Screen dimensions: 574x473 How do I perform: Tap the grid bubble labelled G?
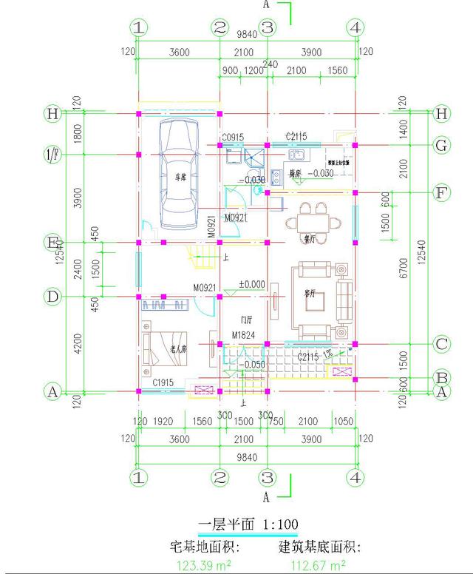point(441,146)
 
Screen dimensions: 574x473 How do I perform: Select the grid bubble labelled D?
point(52,297)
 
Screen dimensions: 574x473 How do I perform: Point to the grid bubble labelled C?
point(441,344)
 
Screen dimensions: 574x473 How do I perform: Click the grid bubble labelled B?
point(441,377)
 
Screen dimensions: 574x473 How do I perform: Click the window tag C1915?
point(163,382)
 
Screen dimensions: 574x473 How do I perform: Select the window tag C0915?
point(234,138)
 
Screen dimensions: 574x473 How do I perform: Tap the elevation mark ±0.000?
point(251,284)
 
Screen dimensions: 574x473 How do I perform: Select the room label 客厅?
point(310,294)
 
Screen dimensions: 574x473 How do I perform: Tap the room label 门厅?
point(246,320)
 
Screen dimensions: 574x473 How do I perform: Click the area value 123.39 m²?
point(203,565)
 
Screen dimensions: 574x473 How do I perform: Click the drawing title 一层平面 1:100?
point(248,524)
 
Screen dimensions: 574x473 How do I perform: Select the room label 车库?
point(180,178)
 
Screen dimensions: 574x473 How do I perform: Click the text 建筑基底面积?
point(319,547)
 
